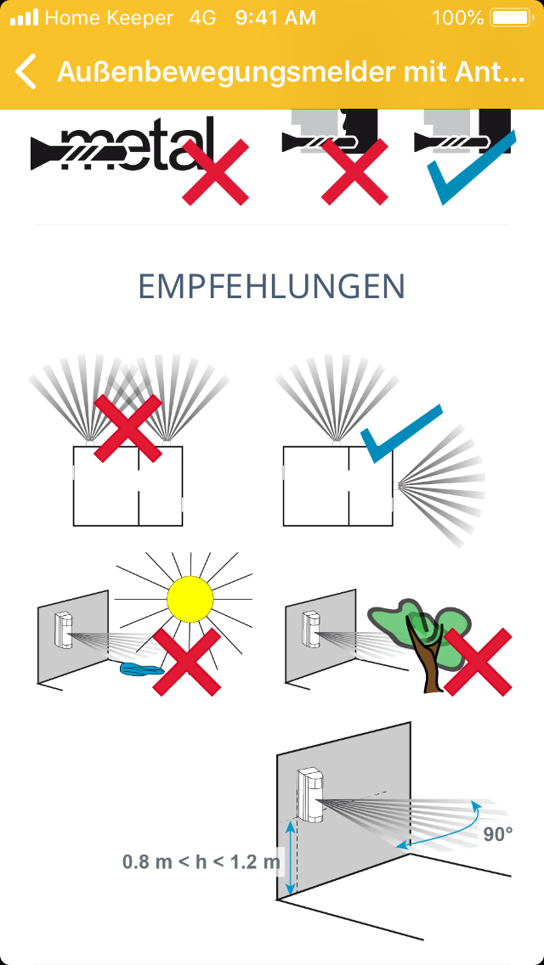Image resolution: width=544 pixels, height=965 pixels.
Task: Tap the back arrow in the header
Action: pos(25,71)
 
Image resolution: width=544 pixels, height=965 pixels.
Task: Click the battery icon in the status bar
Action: pos(511,18)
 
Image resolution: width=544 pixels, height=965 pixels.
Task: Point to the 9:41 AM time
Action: pos(275,18)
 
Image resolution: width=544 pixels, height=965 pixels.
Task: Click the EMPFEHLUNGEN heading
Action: pos(272,286)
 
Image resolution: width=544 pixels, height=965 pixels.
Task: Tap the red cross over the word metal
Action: pos(216,172)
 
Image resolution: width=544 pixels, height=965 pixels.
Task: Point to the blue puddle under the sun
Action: pos(142,669)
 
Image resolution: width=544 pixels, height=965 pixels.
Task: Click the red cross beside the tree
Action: pos(478,662)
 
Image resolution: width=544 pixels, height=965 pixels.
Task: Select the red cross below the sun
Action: pos(187,662)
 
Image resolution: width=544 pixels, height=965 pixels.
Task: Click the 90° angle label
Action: pos(498,834)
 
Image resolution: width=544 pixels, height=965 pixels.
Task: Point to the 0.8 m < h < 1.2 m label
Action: pos(201,861)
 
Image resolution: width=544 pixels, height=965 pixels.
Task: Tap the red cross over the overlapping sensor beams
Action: pos(127,428)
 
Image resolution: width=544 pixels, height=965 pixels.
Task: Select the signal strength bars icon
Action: pos(25,18)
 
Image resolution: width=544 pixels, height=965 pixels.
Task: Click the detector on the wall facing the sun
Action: pos(64,630)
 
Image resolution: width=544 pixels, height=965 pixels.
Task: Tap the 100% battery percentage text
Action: pos(458,18)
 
